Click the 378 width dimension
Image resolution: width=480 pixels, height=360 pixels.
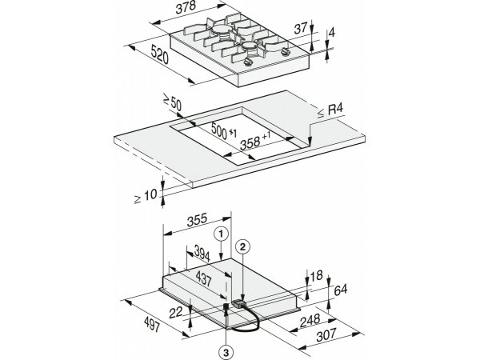[186, 7]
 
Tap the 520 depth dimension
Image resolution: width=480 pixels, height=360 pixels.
[160, 54]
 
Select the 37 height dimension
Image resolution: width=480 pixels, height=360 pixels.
[300, 29]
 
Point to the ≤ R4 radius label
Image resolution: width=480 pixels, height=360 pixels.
[330, 111]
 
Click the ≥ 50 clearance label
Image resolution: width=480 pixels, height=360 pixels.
[172, 102]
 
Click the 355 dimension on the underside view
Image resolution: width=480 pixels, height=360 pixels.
[197, 220]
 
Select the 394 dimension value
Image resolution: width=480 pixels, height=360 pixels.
[202, 253]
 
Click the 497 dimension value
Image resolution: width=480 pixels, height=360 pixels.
[152, 324]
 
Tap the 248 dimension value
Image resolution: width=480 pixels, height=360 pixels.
[310, 321]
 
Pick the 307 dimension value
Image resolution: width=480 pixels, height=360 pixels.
[326, 335]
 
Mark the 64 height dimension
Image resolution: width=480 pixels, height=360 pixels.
[341, 290]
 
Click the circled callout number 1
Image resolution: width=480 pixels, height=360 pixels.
[222, 234]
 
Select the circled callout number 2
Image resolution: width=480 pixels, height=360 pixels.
[242, 247]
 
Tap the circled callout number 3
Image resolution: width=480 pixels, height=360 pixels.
[226, 353]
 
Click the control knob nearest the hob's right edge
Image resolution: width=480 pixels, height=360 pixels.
[286, 52]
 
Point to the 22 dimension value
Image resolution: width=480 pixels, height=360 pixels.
[175, 312]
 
